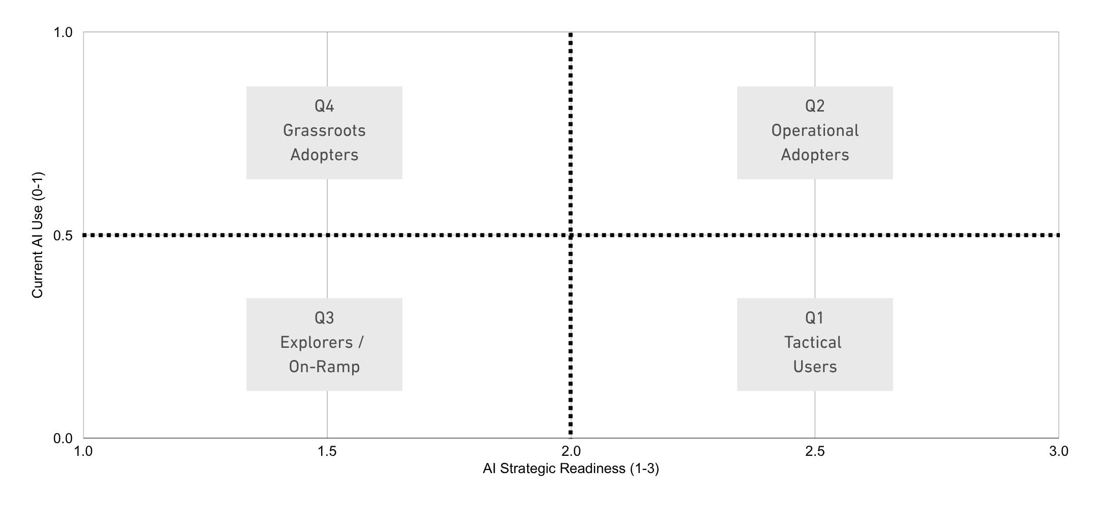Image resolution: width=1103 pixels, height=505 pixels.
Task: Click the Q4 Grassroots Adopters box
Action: coord(324,132)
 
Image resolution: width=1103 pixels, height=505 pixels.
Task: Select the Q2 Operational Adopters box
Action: coord(814,132)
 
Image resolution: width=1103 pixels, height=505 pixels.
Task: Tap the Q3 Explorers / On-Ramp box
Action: coord(324,344)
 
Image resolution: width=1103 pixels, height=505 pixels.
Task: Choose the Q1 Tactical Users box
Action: coord(814,344)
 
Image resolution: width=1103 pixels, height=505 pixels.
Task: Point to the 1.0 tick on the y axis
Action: coord(63,32)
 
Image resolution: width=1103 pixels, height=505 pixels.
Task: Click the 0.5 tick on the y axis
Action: coord(63,236)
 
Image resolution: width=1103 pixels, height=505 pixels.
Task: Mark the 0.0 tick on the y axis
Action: coord(63,439)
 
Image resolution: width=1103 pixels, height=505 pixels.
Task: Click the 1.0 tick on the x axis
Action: coord(83,451)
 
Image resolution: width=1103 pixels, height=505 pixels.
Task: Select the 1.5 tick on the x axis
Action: coord(327,451)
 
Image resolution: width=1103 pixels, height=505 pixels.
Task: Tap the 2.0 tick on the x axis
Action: coord(571,451)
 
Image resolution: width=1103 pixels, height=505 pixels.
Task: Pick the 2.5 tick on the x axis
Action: coord(815,451)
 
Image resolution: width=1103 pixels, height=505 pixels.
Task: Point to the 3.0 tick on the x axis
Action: coord(1058,451)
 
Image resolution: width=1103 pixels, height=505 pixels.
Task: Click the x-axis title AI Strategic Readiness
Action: coord(571,469)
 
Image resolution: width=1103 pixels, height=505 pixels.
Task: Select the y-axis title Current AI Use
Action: coord(38,235)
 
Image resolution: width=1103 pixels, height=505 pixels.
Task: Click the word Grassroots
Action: coord(324,131)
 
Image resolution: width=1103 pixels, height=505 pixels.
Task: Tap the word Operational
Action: coord(815,131)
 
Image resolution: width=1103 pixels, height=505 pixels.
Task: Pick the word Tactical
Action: coord(813,343)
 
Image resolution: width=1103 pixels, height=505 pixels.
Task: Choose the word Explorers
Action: coord(317,343)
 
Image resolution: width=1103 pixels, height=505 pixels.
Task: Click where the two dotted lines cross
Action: coord(571,235)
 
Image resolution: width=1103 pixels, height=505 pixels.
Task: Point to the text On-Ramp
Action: coord(324,367)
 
